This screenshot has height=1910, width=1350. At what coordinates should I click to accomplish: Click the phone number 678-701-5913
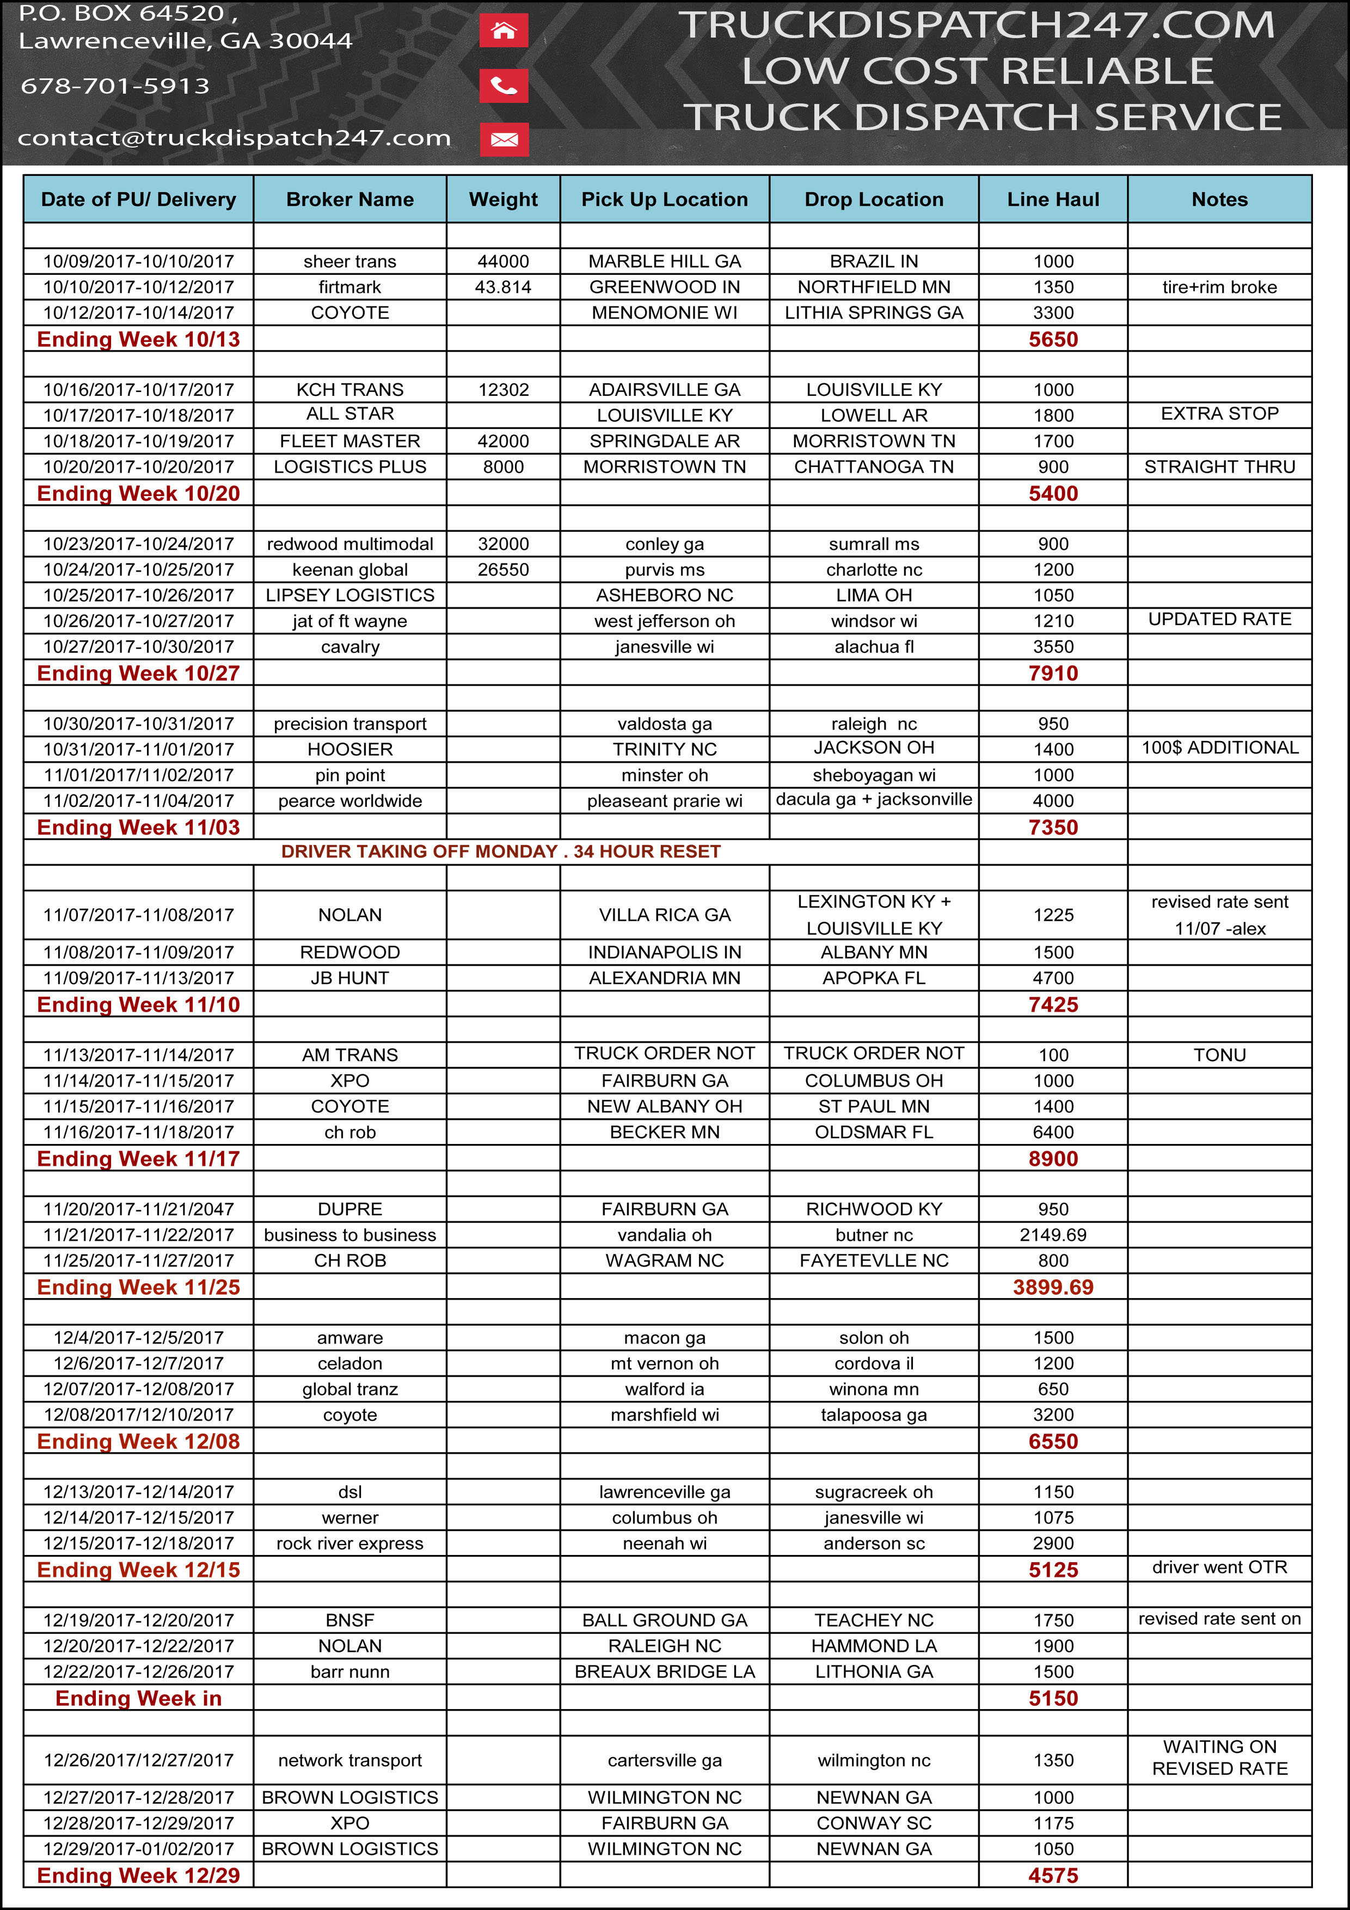point(115,85)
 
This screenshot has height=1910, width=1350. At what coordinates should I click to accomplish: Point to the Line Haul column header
point(1052,200)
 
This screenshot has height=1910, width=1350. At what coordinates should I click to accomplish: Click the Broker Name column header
point(349,200)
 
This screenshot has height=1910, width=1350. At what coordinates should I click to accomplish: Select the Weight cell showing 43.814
point(503,287)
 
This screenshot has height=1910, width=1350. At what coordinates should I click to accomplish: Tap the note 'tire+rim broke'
point(1219,287)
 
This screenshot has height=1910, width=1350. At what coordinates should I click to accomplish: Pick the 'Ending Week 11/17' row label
point(138,1159)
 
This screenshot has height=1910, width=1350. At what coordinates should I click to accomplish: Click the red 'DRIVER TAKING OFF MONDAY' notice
point(501,852)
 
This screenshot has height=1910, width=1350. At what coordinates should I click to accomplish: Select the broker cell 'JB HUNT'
point(349,978)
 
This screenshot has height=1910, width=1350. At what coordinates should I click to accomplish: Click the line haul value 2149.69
point(1052,1235)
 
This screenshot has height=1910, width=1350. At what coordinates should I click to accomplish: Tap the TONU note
point(1219,1055)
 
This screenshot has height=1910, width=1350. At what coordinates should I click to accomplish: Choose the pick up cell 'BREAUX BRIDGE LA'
point(665,1672)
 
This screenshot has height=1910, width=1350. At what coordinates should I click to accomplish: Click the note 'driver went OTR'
point(1219,1568)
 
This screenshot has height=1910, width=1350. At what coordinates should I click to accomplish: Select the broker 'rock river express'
point(349,1544)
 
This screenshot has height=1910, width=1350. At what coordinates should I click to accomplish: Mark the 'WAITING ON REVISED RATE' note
point(1219,1758)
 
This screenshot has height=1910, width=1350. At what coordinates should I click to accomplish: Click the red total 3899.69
point(1052,1288)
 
